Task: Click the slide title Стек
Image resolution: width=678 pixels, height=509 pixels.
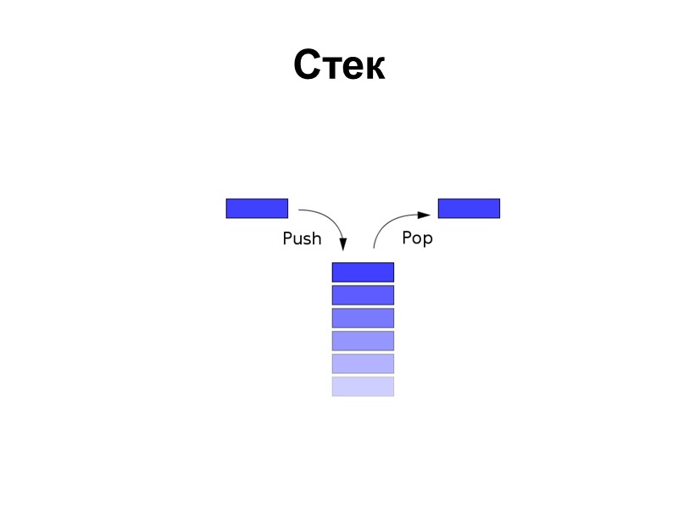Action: (339, 65)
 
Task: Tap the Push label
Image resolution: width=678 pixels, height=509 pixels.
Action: (302, 239)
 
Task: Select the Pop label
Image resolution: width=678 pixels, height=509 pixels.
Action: (417, 238)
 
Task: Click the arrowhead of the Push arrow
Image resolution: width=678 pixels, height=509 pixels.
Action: (343, 244)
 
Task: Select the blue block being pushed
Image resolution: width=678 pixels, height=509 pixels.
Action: (257, 208)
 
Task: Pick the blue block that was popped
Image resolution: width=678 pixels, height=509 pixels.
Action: (469, 208)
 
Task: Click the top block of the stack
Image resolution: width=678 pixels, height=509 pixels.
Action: (363, 272)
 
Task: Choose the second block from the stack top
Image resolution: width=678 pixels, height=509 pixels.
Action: (363, 295)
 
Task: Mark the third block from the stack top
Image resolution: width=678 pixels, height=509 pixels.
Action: (363, 318)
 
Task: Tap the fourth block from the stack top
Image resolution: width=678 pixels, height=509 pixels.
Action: (363, 341)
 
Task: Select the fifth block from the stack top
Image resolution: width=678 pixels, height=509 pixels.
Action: (363, 364)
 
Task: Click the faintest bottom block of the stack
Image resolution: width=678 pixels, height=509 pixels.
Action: (363, 387)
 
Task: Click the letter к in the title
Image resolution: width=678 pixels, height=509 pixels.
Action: (372, 68)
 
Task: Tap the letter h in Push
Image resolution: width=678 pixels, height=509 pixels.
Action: (316, 238)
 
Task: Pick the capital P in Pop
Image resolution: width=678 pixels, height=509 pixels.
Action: (407, 238)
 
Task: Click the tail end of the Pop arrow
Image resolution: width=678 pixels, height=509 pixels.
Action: (375, 247)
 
